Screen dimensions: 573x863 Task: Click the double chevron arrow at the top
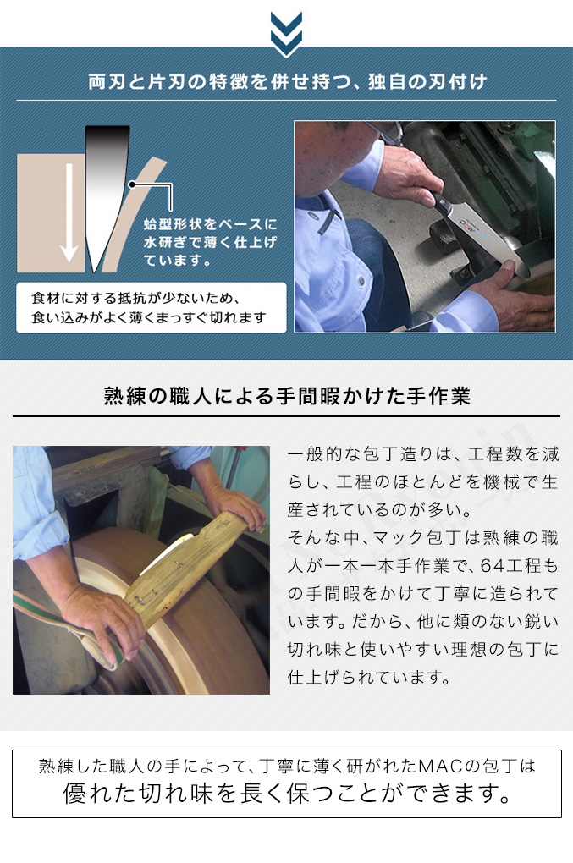pyautogui.click(x=286, y=33)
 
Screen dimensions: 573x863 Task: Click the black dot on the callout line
pyautogui.click(x=132, y=185)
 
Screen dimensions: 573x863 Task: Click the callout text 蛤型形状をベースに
pyautogui.click(x=210, y=224)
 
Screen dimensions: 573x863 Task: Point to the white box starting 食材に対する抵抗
pyautogui.click(x=152, y=308)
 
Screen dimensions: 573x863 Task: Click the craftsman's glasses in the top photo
pyautogui.click(x=386, y=131)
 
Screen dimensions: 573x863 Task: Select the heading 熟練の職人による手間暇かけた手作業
pyautogui.click(x=287, y=396)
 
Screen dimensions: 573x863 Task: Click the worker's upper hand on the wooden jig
pyautogui.click(x=238, y=505)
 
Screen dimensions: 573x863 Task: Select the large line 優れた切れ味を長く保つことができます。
pyautogui.click(x=287, y=793)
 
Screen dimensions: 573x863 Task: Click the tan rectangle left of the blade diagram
pyautogui.click(x=51, y=213)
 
